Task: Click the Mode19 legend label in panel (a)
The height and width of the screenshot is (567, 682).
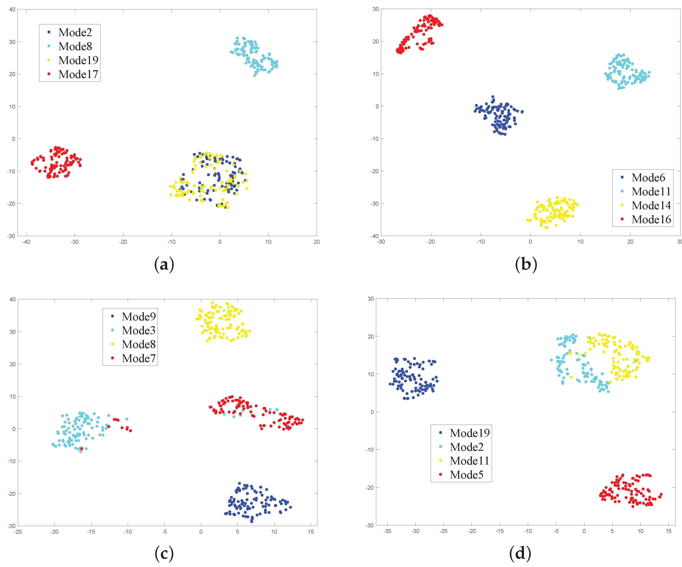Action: pos(78,60)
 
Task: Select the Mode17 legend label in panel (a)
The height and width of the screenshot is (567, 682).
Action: pos(78,74)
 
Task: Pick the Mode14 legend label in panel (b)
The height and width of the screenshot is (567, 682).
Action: pos(651,205)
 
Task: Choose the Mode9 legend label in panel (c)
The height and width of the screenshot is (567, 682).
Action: pos(139,316)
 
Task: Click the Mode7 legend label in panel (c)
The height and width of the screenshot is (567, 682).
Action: pos(139,358)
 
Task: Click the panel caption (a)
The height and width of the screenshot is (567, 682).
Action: pos(164,264)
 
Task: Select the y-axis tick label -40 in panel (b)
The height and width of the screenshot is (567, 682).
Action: pos(375,236)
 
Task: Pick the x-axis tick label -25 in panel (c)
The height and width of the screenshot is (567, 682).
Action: pos(18,532)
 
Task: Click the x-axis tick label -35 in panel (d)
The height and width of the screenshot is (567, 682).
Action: pos(387,531)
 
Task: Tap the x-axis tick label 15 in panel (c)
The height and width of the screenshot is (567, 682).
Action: pos(311,532)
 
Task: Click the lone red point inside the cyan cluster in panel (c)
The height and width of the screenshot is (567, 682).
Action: pos(82,449)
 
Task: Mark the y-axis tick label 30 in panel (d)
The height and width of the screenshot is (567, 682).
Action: pos(370,299)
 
